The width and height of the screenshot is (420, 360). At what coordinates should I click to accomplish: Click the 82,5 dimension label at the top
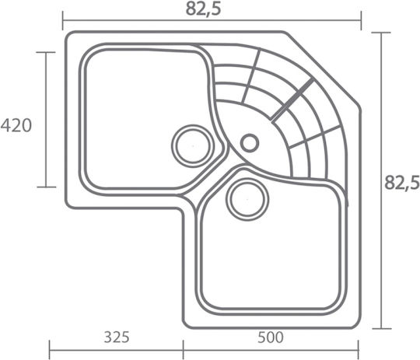(204, 9)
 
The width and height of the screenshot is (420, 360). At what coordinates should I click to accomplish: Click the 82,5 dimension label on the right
(402, 183)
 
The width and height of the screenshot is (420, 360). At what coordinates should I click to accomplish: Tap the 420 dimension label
(16, 126)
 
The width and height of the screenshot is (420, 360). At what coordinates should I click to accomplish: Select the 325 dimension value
(117, 337)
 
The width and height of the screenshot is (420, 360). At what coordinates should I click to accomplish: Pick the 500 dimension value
(270, 337)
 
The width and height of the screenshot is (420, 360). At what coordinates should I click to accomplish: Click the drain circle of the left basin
(193, 145)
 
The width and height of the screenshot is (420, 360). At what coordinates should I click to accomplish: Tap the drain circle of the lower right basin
(247, 200)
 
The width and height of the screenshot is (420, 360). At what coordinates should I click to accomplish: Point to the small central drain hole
(250, 143)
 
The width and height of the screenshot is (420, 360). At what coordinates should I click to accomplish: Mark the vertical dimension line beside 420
(46, 120)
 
